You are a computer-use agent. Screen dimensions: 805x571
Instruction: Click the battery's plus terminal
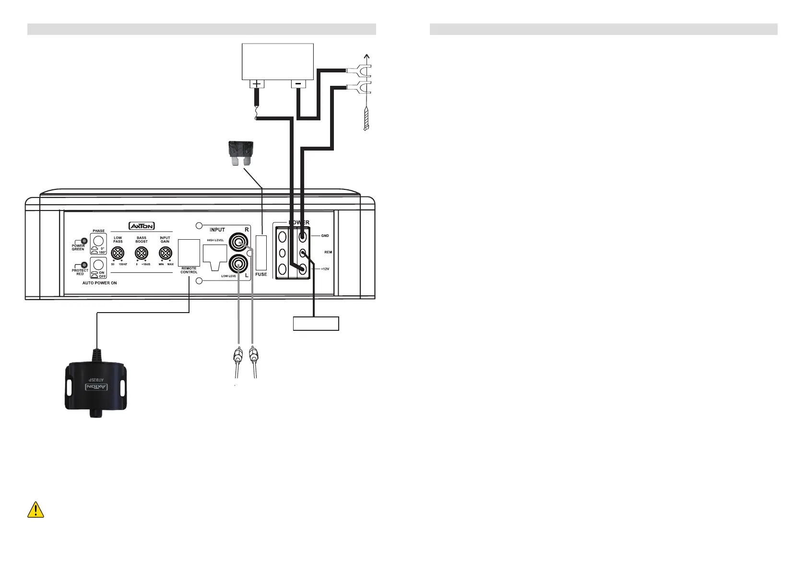click(x=257, y=84)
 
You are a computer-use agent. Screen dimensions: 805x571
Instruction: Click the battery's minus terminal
click(x=298, y=84)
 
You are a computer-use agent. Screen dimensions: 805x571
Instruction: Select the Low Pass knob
click(x=118, y=254)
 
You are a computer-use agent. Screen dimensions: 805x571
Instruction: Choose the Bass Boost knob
click(x=142, y=254)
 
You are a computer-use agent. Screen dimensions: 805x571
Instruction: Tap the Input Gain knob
click(x=165, y=254)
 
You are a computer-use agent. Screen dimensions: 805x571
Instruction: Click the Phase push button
click(x=99, y=241)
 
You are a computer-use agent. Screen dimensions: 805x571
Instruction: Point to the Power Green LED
click(x=84, y=241)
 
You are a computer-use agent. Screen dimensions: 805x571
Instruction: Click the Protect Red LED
click(x=84, y=265)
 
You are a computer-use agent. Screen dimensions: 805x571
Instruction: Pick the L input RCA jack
click(x=238, y=264)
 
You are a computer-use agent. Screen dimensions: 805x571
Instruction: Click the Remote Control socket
click(x=189, y=253)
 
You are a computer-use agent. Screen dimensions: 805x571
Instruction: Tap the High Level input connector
click(x=215, y=255)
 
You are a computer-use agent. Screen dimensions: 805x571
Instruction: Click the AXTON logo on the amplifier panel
click(x=142, y=226)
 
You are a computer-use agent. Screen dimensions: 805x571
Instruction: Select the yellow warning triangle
click(x=36, y=510)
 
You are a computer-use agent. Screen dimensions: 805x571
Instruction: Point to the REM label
click(x=328, y=252)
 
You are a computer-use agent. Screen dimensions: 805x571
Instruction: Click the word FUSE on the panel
click(x=261, y=274)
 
